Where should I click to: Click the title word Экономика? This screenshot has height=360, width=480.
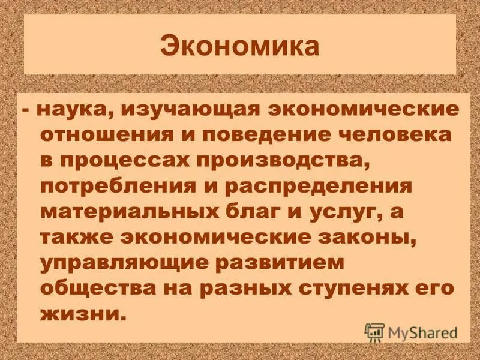(x=239, y=47)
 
